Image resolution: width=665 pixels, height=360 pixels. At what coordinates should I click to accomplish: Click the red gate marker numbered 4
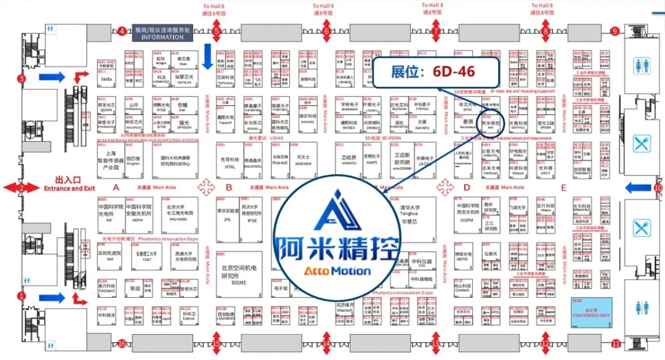coord(121,31)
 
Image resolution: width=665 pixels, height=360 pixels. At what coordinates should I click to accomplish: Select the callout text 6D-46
coord(453,71)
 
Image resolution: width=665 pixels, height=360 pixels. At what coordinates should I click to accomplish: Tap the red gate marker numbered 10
coord(658,188)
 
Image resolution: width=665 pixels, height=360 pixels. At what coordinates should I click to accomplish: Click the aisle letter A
coord(116,188)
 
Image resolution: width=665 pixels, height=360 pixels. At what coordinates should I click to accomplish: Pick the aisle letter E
coord(563,188)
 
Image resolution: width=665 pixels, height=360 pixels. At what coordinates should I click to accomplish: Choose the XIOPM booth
coord(466,219)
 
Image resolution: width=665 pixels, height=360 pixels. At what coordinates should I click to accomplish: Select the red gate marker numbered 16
coord(122,343)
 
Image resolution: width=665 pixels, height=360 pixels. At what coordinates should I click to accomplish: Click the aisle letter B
coord(228,188)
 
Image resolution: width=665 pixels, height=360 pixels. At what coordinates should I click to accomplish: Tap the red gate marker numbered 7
coord(436,31)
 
